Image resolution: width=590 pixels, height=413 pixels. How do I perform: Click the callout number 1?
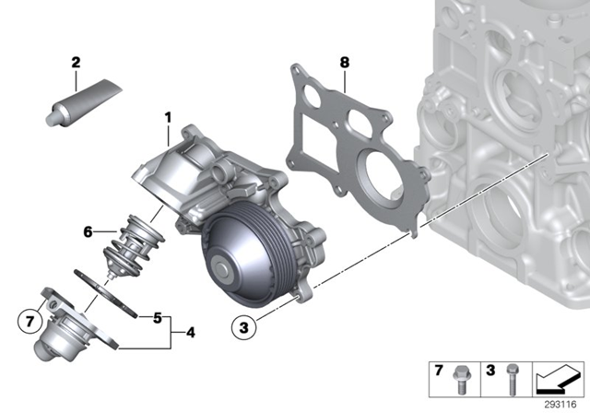pyautogui.click(x=169, y=117)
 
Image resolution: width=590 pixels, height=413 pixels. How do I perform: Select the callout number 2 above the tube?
pyautogui.click(x=76, y=63)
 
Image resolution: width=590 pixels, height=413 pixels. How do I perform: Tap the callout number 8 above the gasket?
pyautogui.click(x=344, y=65)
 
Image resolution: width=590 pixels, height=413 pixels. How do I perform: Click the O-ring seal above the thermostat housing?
pyautogui.click(x=109, y=290)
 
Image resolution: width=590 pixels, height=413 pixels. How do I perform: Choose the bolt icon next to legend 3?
pyautogui.click(x=512, y=378)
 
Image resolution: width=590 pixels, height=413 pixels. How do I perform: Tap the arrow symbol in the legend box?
pyautogui.click(x=559, y=378)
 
